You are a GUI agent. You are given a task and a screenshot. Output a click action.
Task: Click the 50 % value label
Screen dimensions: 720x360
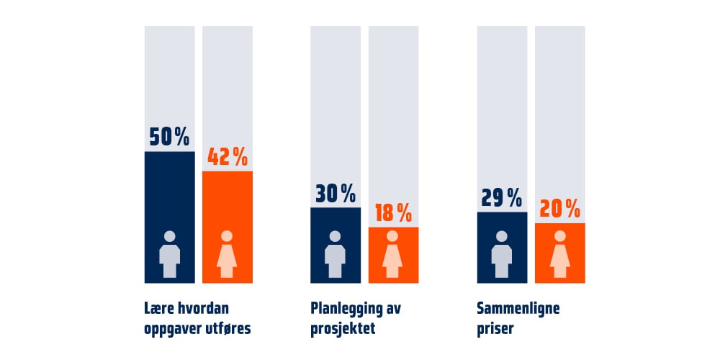[x=169, y=137]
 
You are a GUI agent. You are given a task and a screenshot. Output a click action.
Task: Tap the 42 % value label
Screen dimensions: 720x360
[x=228, y=157]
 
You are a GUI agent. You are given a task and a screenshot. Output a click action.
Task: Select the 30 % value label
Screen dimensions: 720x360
[x=336, y=194]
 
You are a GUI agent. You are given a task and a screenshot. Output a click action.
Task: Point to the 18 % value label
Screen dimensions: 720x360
[x=394, y=213]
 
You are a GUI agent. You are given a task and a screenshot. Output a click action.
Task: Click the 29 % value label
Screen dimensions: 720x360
[x=501, y=198]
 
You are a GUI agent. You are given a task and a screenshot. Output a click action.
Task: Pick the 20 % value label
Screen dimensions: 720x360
[x=559, y=210]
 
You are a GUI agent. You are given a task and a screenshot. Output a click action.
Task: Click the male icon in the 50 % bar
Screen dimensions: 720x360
[x=169, y=254]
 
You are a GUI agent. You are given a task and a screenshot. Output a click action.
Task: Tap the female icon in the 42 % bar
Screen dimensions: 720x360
[x=227, y=254]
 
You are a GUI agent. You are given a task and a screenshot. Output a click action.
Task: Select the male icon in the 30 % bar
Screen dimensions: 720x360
[x=336, y=254]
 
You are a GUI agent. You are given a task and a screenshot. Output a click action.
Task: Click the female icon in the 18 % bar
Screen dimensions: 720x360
[x=392, y=254]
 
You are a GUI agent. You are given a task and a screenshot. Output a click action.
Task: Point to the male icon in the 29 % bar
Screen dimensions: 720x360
[x=501, y=254]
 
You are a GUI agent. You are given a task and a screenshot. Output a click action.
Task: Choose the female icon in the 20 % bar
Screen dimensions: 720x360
[x=559, y=254]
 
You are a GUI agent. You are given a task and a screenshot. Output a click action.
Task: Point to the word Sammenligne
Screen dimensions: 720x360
[x=518, y=309]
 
